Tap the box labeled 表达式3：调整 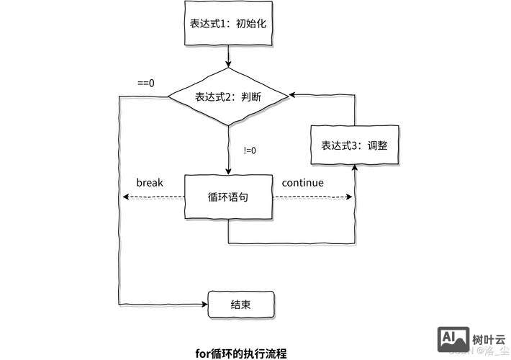354,145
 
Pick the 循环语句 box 228,197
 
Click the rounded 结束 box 240,304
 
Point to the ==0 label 146,83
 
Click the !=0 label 250,150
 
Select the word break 150,182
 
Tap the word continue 302,182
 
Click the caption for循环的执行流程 241,353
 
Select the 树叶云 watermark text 489,338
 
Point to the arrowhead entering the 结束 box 204,304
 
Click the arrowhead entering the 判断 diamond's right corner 292,96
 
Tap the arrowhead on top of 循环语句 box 228,171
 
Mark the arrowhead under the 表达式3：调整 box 354,168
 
